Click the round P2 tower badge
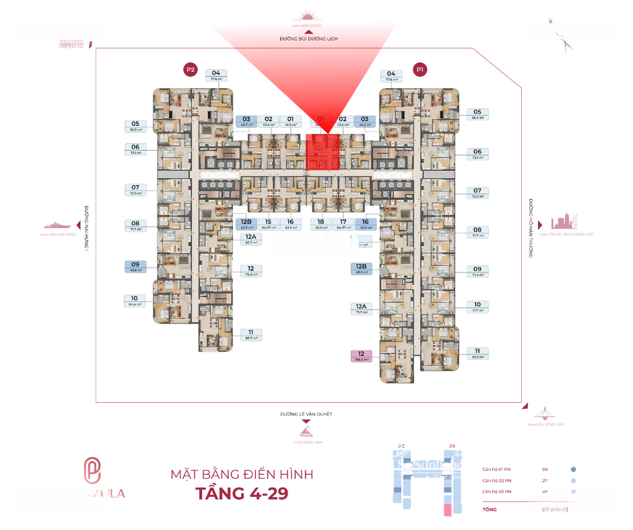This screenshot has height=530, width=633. tap(191, 69)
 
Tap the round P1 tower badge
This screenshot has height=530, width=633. tap(420, 69)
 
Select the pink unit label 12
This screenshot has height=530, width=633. tap(362, 356)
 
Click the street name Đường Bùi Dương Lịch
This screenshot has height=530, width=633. tap(308, 40)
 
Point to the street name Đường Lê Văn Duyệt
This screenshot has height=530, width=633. tap(306, 414)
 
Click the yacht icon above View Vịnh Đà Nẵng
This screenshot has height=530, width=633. tap(59, 225)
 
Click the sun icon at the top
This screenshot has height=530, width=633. tap(308, 17)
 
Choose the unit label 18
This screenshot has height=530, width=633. tap(321, 224)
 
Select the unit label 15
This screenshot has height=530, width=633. tap(268, 224)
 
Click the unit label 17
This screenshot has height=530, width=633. tap(343, 224)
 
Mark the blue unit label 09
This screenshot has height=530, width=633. tap(135, 267)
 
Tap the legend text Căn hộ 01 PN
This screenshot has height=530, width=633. tap(497, 469)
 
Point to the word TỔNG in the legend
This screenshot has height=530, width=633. tap(490, 510)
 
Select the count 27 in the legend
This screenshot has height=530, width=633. tap(545, 481)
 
